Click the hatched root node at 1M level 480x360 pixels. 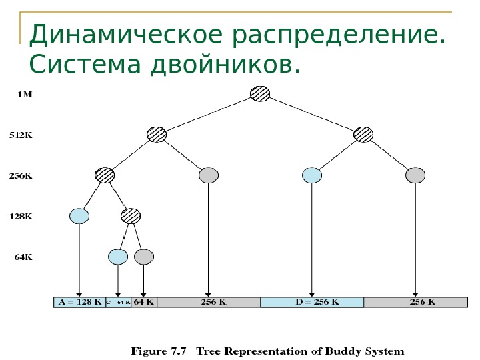click(261, 93)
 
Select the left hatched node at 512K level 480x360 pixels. click(157, 134)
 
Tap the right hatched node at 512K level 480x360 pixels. click(364, 134)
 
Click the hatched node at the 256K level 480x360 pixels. click(105, 175)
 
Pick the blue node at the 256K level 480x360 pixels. click(312, 175)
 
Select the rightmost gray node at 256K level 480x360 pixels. click(415, 175)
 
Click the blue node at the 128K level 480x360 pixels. click(79, 215)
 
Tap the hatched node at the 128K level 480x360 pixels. click(131, 215)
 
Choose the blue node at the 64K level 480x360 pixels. click(118, 256)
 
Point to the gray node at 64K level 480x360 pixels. click(144, 256)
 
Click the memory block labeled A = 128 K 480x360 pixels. click(79, 301)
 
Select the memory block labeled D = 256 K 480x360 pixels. click(312, 301)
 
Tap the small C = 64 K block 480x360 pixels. click(118, 301)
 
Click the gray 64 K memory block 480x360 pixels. click(144, 301)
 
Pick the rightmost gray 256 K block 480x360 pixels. click(415, 301)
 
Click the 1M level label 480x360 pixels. click(24, 95)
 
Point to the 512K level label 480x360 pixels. click(21, 135)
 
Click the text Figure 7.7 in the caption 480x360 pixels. click(159, 349)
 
